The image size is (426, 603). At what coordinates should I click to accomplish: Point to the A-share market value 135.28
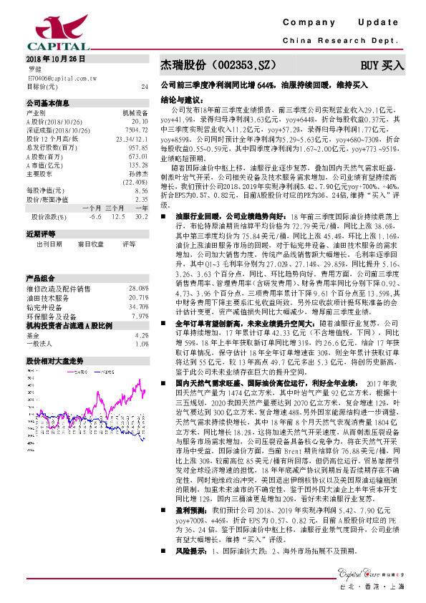(137, 164)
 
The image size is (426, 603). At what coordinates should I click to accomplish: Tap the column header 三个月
(114, 207)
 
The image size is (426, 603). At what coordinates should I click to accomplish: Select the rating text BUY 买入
(382, 65)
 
